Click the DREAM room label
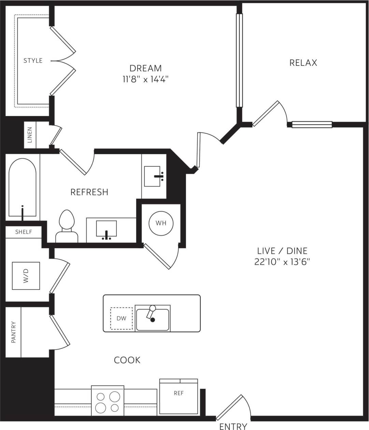[x=145, y=68]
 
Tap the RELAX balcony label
[x=303, y=63]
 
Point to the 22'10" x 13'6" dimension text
[x=282, y=262]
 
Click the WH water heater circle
[x=161, y=223]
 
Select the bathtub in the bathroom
[x=22, y=188]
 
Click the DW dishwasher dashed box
[x=121, y=318]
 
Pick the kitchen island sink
[x=153, y=319]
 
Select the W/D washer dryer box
[x=26, y=276]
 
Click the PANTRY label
[x=14, y=332]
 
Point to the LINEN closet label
[x=30, y=135]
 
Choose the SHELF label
[x=24, y=232]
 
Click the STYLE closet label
[x=33, y=61]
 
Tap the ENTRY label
[x=233, y=426]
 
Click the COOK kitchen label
[x=127, y=360]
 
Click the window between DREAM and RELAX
[x=239, y=60]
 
